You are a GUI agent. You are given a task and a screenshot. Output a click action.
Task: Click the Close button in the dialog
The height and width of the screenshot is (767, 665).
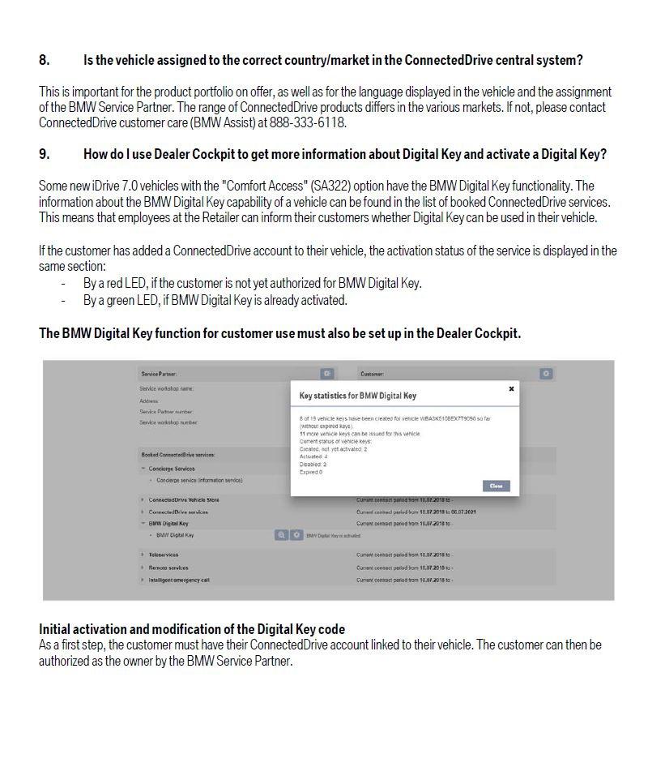[x=496, y=486]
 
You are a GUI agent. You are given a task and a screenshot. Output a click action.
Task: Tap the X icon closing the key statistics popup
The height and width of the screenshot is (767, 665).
[x=511, y=389]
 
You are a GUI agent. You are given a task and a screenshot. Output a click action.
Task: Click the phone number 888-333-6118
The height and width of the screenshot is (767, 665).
[x=311, y=122]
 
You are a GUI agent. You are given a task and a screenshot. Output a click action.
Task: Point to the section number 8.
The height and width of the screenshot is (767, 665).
[x=44, y=60]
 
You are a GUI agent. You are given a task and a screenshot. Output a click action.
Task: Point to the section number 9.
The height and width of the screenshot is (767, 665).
[x=44, y=154]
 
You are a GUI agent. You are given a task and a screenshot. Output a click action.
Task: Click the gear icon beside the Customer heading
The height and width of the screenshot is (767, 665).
[x=546, y=374]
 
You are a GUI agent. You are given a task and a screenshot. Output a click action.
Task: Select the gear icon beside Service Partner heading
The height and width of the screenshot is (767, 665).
[x=327, y=374]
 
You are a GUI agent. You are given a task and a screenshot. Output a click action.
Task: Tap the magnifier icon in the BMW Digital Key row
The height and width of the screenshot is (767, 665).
[x=281, y=535]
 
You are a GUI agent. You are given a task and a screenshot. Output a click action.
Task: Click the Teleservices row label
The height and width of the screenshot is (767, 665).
[x=163, y=555]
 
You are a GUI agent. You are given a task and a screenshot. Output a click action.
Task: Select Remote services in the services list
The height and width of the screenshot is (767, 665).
[x=168, y=568]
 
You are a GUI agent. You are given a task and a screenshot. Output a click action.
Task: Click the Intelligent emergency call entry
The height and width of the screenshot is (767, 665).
[x=179, y=580]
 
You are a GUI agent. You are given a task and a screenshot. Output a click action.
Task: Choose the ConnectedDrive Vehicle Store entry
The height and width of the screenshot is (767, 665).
[x=183, y=500]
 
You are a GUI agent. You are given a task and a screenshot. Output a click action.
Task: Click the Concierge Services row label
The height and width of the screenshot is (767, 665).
[x=172, y=469]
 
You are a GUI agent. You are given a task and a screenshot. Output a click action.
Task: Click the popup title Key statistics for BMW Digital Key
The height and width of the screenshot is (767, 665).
[x=357, y=396]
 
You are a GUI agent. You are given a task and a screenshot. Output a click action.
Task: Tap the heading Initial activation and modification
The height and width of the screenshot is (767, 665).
[x=191, y=629]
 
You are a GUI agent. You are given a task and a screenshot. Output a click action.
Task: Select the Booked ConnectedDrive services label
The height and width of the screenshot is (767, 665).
[x=177, y=455]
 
